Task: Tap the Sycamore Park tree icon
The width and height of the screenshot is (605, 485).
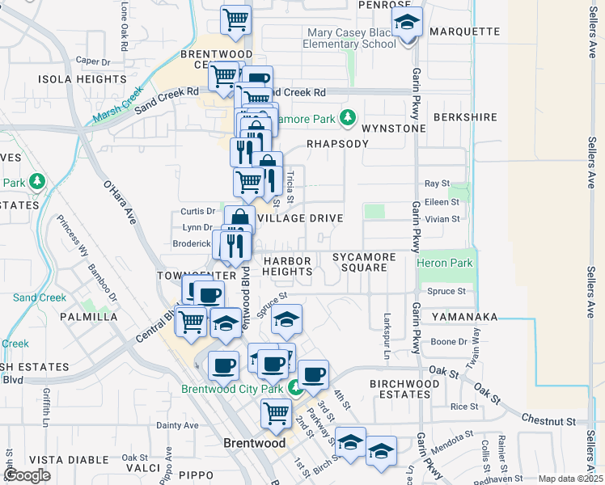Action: click(348, 119)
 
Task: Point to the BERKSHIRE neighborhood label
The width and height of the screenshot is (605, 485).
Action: click(465, 117)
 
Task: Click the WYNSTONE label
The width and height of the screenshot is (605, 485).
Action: click(393, 129)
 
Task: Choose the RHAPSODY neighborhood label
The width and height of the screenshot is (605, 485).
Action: click(337, 143)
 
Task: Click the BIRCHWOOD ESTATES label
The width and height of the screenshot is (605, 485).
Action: click(400, 388)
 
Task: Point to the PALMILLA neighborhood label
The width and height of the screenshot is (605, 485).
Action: click(88, 316)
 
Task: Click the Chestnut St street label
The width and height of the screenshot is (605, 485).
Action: click(548, 421)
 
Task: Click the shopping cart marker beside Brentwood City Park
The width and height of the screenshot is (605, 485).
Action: click(276, 413)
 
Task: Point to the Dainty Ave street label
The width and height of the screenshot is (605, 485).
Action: click(177, 425)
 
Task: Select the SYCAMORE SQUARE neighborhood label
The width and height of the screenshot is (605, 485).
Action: click(364, 262)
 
